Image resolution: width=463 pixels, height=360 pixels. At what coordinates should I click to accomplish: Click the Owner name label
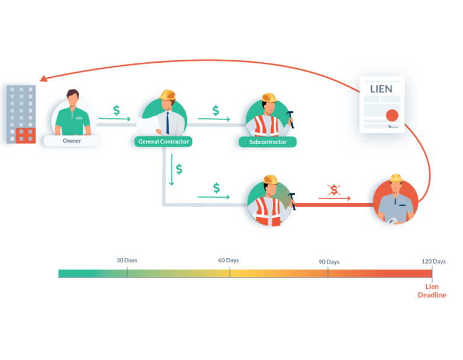[72, 141]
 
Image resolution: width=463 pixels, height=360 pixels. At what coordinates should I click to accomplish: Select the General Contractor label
[163, 142]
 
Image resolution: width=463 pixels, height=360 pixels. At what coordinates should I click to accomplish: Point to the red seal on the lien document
[392, 115]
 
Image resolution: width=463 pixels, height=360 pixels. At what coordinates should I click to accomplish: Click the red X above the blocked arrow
[333, 189]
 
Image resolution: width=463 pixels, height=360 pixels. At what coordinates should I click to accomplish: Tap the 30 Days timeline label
[127, 261]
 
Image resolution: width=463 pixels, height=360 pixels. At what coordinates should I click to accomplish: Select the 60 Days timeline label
[228, 261]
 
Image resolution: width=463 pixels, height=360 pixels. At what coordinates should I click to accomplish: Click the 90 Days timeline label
[329, 262]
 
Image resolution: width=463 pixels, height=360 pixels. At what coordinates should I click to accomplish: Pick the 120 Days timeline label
[433, 262]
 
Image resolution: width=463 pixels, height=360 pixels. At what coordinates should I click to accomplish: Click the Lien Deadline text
[432, 291]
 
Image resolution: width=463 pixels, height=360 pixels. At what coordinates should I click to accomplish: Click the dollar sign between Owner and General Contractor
[116, 110]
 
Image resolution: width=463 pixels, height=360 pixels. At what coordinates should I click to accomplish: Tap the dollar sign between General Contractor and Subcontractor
[216, 110]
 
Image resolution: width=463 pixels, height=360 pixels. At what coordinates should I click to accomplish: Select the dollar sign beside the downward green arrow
[179, 169]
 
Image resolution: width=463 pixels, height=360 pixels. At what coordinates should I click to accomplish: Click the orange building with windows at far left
[25, 136]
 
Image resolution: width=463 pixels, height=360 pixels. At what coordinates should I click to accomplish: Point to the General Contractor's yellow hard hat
[168, 95]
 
